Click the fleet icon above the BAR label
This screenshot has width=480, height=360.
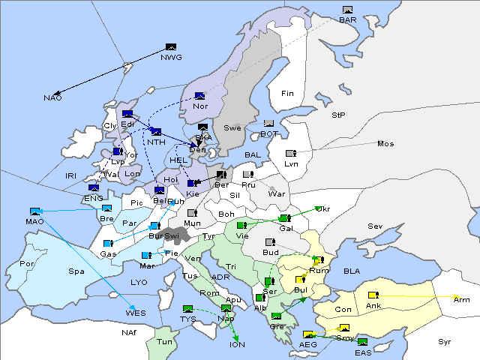tap(347, 10)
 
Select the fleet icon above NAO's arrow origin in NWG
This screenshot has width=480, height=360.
tap(171, 47)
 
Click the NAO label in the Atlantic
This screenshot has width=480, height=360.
tap(52, 98)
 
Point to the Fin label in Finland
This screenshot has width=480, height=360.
tap(287, 93)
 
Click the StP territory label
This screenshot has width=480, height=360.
tap(339, 115)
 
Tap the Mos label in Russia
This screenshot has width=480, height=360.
tap(385, 143)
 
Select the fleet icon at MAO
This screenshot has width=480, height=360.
tap(34, 211)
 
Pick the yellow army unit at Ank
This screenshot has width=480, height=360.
tap(373, 295)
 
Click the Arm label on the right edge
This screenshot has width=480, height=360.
tap(461, 299)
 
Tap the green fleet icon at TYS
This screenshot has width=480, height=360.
tap(187, 308)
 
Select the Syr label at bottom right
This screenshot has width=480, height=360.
tap(445, 341)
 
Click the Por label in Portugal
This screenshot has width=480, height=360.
tap(27, 264)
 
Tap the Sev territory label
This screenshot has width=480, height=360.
tap(375, 226)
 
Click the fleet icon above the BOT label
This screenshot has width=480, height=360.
tap(269, 124)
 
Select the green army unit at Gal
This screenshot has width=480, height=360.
tap(284, 218)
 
